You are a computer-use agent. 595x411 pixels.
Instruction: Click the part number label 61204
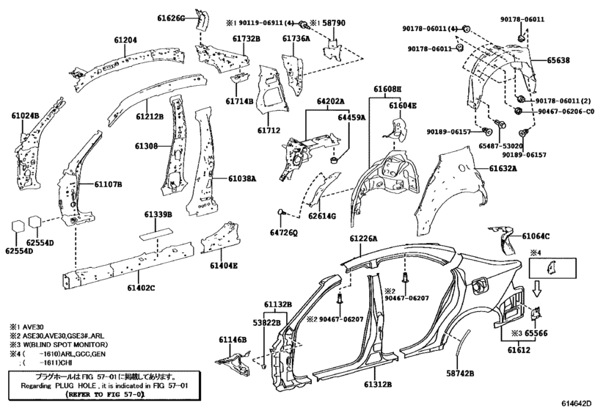125,40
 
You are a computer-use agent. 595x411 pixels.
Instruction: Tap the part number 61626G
171,18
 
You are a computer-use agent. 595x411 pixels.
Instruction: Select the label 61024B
26,115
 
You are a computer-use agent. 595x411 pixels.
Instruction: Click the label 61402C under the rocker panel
141,288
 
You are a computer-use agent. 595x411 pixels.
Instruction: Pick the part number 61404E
224,266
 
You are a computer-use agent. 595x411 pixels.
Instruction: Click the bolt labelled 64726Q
281,213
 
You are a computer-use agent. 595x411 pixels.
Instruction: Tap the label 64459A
351,117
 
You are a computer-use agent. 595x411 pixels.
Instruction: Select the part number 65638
558,60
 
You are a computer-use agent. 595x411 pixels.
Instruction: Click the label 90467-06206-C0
566,112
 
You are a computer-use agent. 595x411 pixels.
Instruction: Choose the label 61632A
503,168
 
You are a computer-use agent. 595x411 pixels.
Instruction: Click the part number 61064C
536,236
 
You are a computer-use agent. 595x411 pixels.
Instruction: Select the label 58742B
460,374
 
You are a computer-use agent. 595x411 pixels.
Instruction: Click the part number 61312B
378,385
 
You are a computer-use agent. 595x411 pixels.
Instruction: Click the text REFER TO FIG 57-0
106,394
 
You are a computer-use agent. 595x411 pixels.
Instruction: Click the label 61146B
233,340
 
